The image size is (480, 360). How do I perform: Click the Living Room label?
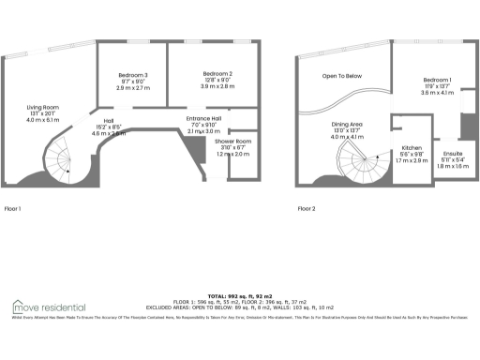tap(43, 108)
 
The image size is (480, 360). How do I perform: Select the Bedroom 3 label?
tap(133, 74)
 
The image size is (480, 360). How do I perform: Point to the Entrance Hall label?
tap(203, 118)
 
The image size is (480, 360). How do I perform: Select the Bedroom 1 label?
tap(437, 80)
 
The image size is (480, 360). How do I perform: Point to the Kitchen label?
tap(412, 147)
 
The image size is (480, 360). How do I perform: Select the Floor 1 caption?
tap(13, 208)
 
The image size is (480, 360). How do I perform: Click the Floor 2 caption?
tap(307, 208)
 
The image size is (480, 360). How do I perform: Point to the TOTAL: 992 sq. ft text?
tap(239, 294)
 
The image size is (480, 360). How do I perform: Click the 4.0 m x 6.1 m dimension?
tap(43, 121)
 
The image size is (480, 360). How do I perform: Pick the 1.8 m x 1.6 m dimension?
tap(453, 165)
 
